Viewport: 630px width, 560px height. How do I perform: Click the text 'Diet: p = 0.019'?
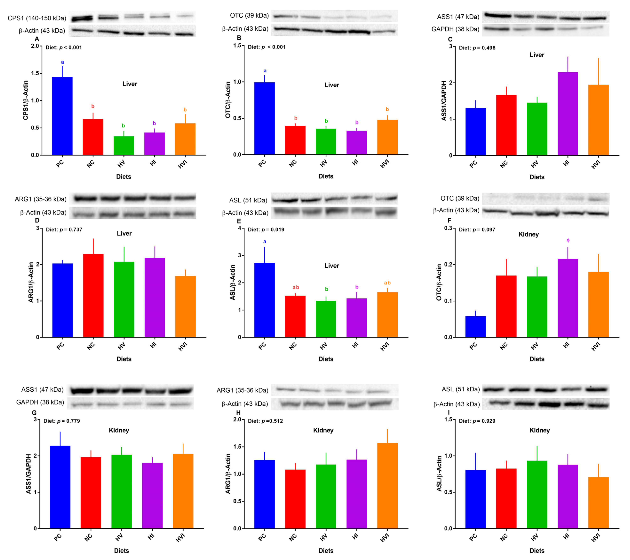pyautogui.click(x=266, y=230)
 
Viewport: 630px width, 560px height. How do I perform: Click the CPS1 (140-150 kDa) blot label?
pyautogui.click(x=37, y=18)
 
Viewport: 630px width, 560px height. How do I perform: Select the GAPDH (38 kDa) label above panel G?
pyautogui.click(x=40, y=402)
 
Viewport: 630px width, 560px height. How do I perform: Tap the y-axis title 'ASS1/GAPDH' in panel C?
pyautogui.click(x=444, y=101)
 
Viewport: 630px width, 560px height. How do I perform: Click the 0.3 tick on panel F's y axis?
pyautogui.click(x=448, y=228)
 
